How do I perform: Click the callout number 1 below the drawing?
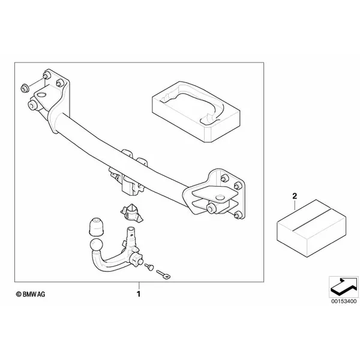click(x=139, y=295)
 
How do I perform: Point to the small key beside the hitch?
click(x=163, y=274)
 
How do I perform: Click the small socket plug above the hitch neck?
click(x=130, y=212)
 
